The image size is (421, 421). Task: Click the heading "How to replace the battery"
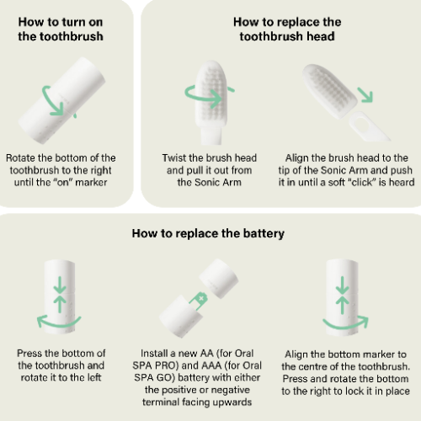click(208, 234)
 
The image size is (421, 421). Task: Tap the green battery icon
click(199, 301)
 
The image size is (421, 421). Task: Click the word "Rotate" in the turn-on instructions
click(21, 158)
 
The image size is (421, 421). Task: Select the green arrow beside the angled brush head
click(365, 94)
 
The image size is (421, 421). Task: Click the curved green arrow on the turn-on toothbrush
click(57, 102)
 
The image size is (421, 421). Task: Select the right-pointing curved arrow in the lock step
click(346, 324)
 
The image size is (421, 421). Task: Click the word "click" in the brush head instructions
click(362, 183)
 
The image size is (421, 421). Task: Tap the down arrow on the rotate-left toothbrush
click(60, 285)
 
